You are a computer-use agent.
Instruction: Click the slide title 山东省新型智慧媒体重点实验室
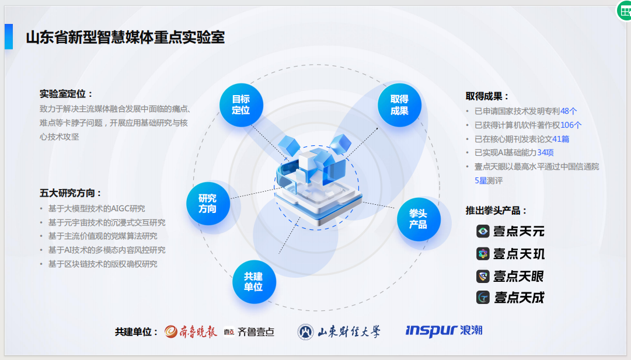[x=125, y=37]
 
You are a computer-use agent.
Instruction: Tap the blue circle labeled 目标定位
[x=241, y=104]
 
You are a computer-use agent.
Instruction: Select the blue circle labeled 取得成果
[x=399, y=105]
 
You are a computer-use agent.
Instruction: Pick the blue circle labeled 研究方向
[x=207, y=203]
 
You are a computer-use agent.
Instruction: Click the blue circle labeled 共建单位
[x=253, y=281]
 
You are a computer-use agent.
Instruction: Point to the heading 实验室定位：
[x=67, y=94]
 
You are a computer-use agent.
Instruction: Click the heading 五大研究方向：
[x=71, y=193]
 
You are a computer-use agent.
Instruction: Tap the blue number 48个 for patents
[x=569, y=111]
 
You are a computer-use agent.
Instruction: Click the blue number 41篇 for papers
[x=560, y=139]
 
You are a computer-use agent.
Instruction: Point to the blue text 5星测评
[x=489, y=181]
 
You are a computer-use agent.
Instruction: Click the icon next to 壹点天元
[x=483, y=231]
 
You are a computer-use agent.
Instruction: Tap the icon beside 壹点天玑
[x=483, y=254]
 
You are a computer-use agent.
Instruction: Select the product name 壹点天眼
[x=518, y=276]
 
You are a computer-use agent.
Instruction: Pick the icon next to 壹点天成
[x=483, y=298]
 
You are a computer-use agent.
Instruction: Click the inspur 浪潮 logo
[x=444, y=331]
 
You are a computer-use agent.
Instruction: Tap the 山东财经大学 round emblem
[x=305, y=332]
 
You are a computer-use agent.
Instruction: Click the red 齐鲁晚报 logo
[x=191, y=331]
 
